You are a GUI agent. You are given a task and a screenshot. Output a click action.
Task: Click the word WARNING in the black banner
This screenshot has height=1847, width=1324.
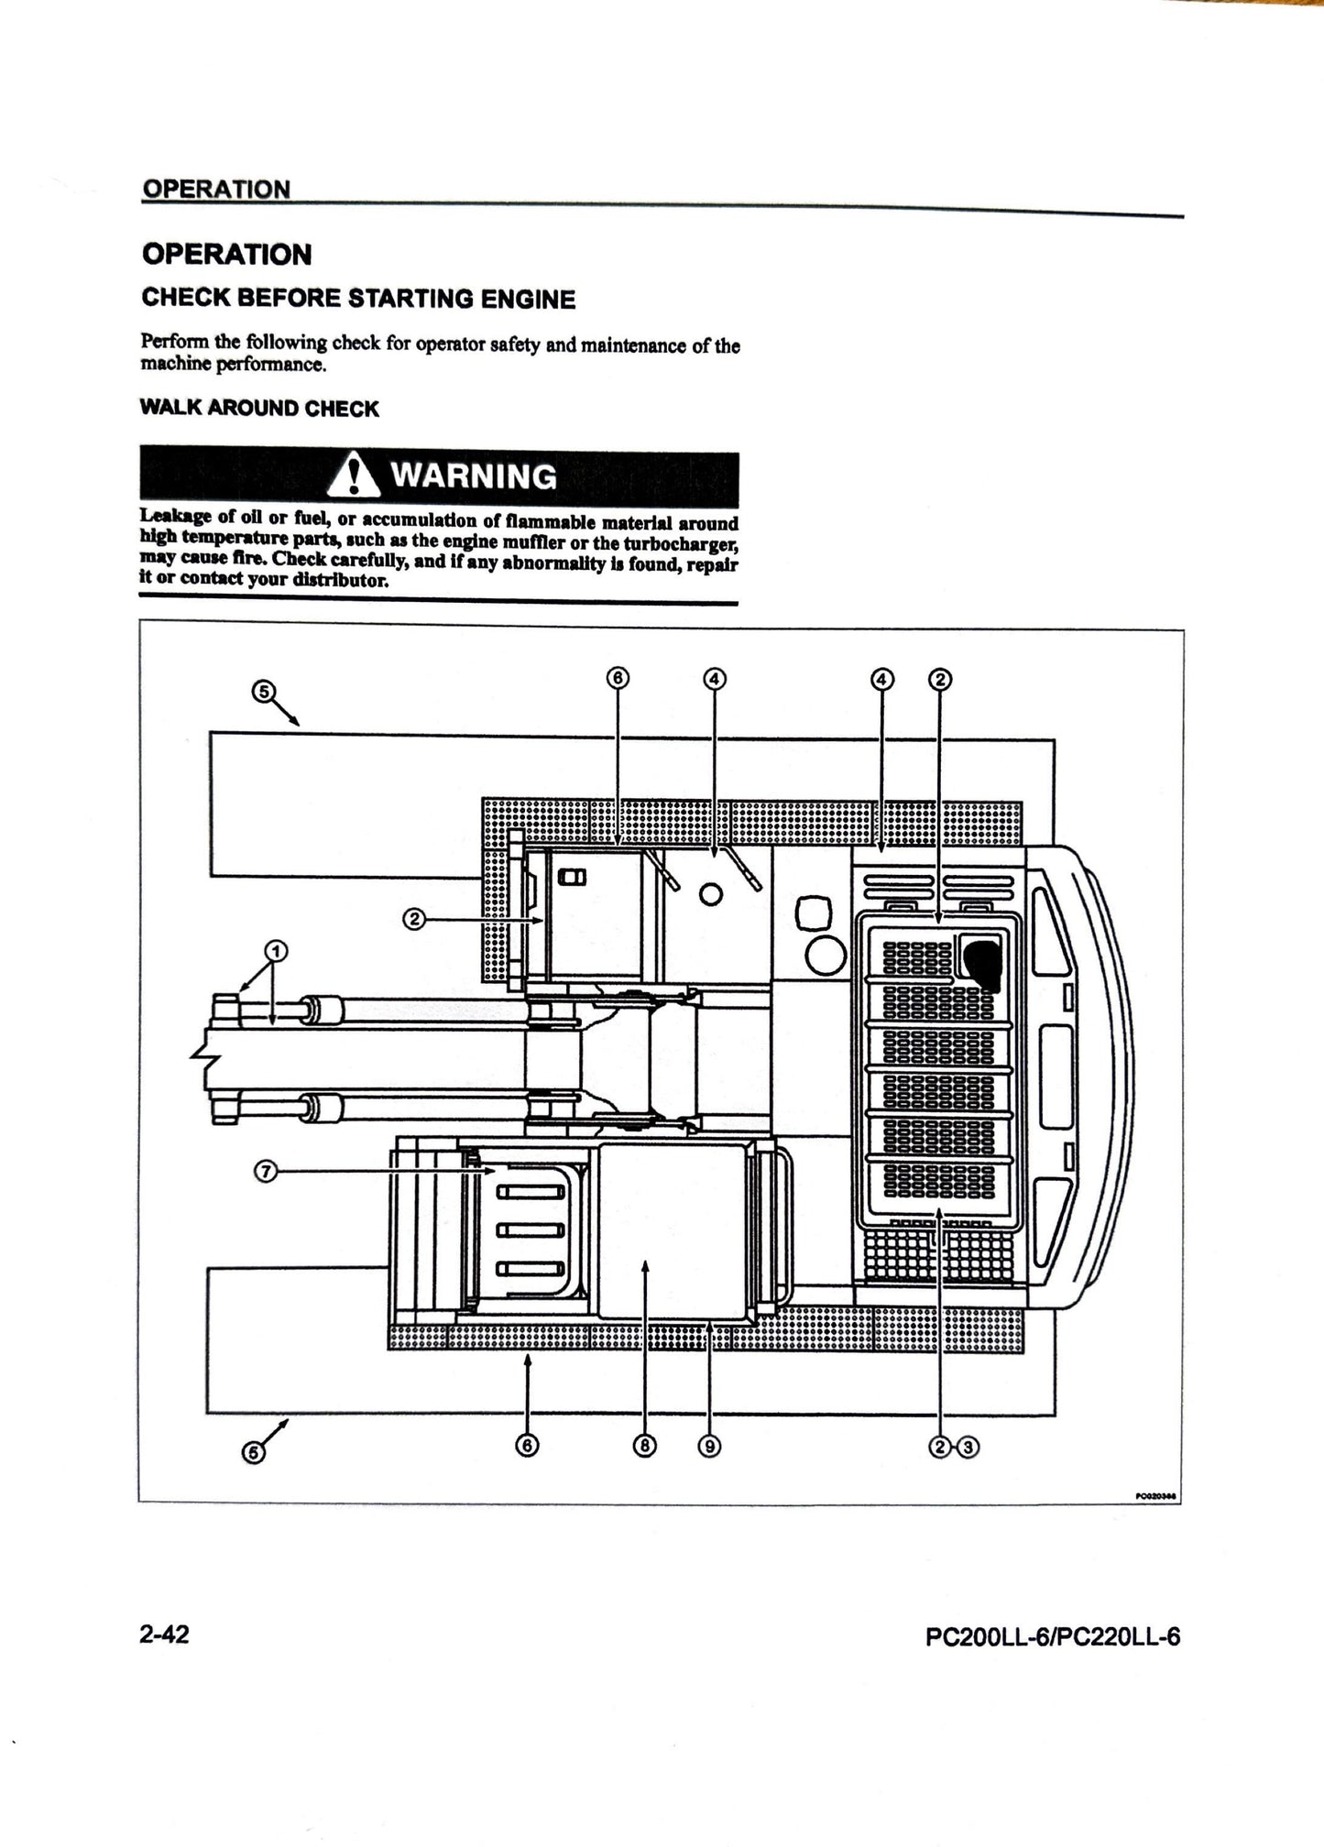473,476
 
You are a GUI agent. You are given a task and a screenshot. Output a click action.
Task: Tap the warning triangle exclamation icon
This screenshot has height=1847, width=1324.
353,476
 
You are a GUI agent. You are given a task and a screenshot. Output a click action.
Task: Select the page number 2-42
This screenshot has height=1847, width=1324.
164,1634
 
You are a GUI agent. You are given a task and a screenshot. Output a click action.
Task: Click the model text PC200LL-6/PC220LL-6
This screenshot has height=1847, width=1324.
1053,1636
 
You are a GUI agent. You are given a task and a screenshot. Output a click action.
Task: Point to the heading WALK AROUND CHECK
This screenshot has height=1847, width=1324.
259,409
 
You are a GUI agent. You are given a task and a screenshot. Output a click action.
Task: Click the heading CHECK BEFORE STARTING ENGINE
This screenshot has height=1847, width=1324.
358,299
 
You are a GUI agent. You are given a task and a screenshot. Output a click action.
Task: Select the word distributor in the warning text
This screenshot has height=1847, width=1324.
331,581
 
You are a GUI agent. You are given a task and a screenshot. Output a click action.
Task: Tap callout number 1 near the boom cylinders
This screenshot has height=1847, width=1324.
275,950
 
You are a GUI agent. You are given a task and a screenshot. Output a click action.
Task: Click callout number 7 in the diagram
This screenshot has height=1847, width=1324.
265,1171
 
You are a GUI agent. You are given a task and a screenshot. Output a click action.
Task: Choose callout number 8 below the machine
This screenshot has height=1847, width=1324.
645,1446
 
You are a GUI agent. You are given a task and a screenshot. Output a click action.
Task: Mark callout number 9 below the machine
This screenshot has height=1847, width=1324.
709,1446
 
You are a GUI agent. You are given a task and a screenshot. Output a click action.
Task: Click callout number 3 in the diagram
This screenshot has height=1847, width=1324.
969,1447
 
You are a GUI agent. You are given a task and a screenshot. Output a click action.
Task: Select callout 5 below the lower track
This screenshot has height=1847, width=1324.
253,1452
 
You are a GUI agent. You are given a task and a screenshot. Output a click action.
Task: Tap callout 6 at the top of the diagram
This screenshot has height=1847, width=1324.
618,679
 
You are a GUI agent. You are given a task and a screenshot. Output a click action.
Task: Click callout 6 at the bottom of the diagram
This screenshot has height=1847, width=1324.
527,1446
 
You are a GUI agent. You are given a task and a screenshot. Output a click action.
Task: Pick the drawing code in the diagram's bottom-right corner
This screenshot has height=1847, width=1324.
1156,1496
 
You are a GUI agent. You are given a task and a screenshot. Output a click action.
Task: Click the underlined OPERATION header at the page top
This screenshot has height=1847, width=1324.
216,190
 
